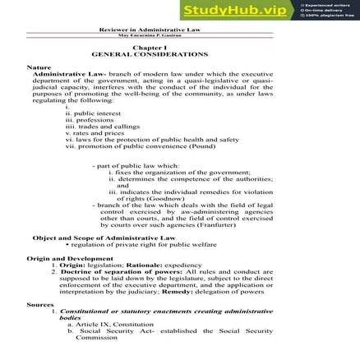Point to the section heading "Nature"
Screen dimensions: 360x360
(x=39, y=66)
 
